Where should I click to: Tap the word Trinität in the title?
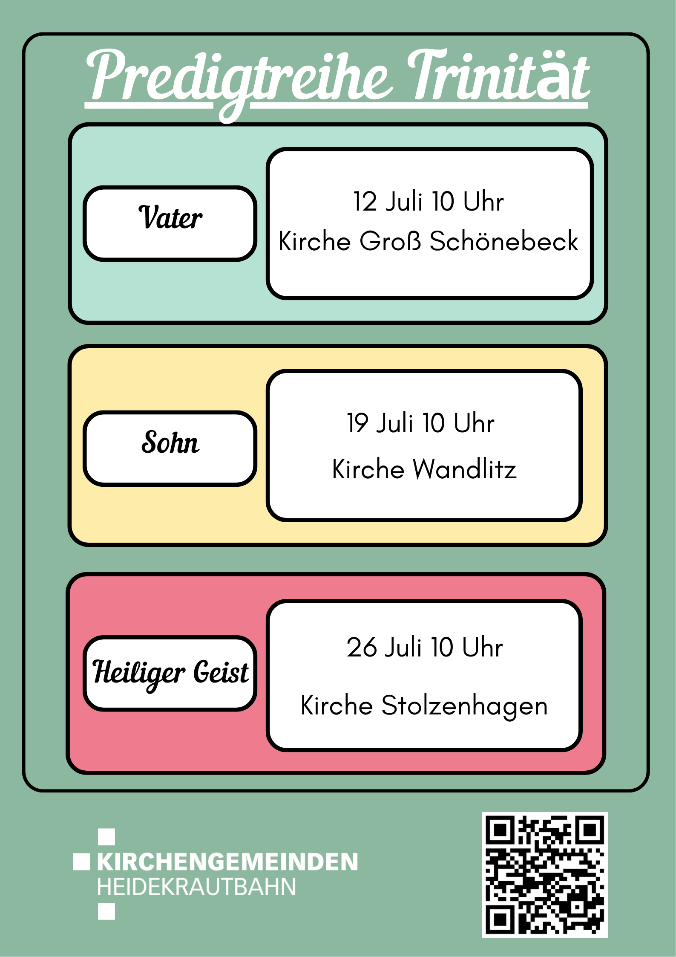pos(498,77)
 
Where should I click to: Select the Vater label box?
pos(170,223)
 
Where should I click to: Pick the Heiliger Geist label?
pos(170,673)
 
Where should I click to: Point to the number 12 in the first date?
pos(365,201)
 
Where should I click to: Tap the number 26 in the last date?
pos(362,647)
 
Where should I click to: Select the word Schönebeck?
pos(503,241)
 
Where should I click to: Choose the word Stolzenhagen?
pos(464,705)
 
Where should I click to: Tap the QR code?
pos(544,875)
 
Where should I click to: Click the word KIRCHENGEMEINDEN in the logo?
pos(227,862)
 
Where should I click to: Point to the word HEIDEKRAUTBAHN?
pos(196,887)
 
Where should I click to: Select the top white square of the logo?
pos(106,837)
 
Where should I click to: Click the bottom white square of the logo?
pos(106,911)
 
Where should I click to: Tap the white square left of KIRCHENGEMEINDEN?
pos(81,862)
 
